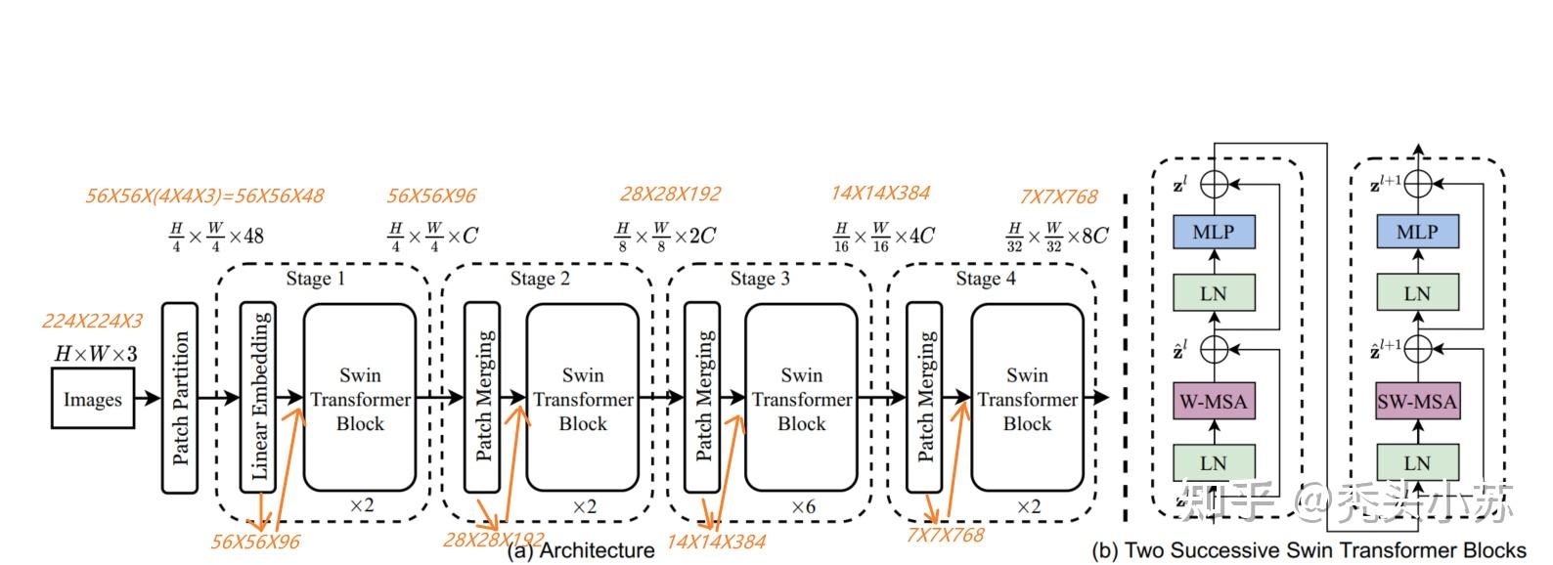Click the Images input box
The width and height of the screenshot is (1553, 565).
point(92,399)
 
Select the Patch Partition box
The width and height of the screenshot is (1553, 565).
point(179,398)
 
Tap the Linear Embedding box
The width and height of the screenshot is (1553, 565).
point(257,398)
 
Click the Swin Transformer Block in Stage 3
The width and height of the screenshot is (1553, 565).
point(801,398)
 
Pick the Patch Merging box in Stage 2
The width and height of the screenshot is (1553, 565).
point(483,398)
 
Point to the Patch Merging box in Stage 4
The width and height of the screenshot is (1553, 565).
point(924,398)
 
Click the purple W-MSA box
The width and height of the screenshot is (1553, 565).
point(1213,401)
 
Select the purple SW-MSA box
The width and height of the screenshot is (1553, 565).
point(1416,401)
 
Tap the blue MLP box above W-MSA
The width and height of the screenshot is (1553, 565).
point(1213,232)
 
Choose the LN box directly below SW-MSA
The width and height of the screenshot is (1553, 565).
point(1416,462)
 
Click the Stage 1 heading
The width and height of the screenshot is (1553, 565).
point(315,279)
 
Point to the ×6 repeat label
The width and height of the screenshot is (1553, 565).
point(803,506)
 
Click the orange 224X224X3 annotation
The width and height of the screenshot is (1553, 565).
point(92,321)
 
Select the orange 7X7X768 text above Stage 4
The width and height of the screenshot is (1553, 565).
point(1058,196)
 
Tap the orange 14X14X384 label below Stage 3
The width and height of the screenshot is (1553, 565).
point(716,542)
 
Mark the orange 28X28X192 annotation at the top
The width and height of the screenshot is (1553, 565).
point(670,194)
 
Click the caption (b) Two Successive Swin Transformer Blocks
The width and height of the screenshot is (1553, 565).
point(1309,550)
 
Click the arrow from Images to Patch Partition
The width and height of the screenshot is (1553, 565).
point(148,398)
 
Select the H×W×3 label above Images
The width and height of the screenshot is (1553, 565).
point(95,353)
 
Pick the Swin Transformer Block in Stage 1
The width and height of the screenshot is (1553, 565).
point(360,398)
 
